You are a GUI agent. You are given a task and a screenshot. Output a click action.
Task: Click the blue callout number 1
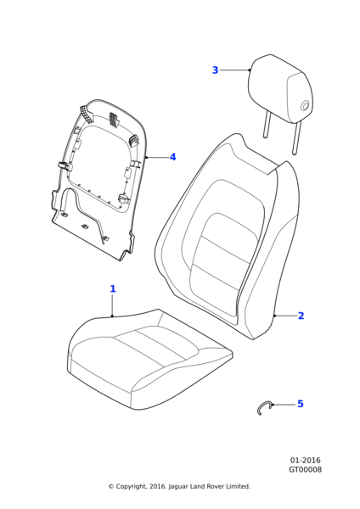point(113,288)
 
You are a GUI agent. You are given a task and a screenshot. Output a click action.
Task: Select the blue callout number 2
point(301,316)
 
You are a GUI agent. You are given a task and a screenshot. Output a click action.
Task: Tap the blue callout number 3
point(215,70)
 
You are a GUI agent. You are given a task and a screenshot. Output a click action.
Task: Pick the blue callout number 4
point(173,157)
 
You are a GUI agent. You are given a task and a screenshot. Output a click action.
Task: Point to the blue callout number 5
point(301,404)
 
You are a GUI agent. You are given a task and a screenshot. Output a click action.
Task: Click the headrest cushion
point(281,90)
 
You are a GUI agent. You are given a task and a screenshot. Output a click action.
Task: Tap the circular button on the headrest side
point(305,105)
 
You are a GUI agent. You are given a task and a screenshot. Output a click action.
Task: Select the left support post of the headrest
point(267,125)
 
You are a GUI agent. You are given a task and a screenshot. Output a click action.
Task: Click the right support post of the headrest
point(296,137)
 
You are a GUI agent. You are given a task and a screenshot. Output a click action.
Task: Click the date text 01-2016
point(305,461)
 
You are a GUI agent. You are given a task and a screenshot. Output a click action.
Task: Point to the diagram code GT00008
point(305,470)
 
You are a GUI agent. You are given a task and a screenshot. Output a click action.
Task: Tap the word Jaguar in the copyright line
point(178,486)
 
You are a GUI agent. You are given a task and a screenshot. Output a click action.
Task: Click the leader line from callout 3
point(234,70)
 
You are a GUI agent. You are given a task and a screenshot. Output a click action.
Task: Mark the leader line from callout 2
point(285,316)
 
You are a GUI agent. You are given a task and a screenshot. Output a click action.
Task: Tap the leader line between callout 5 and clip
point(284,405)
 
